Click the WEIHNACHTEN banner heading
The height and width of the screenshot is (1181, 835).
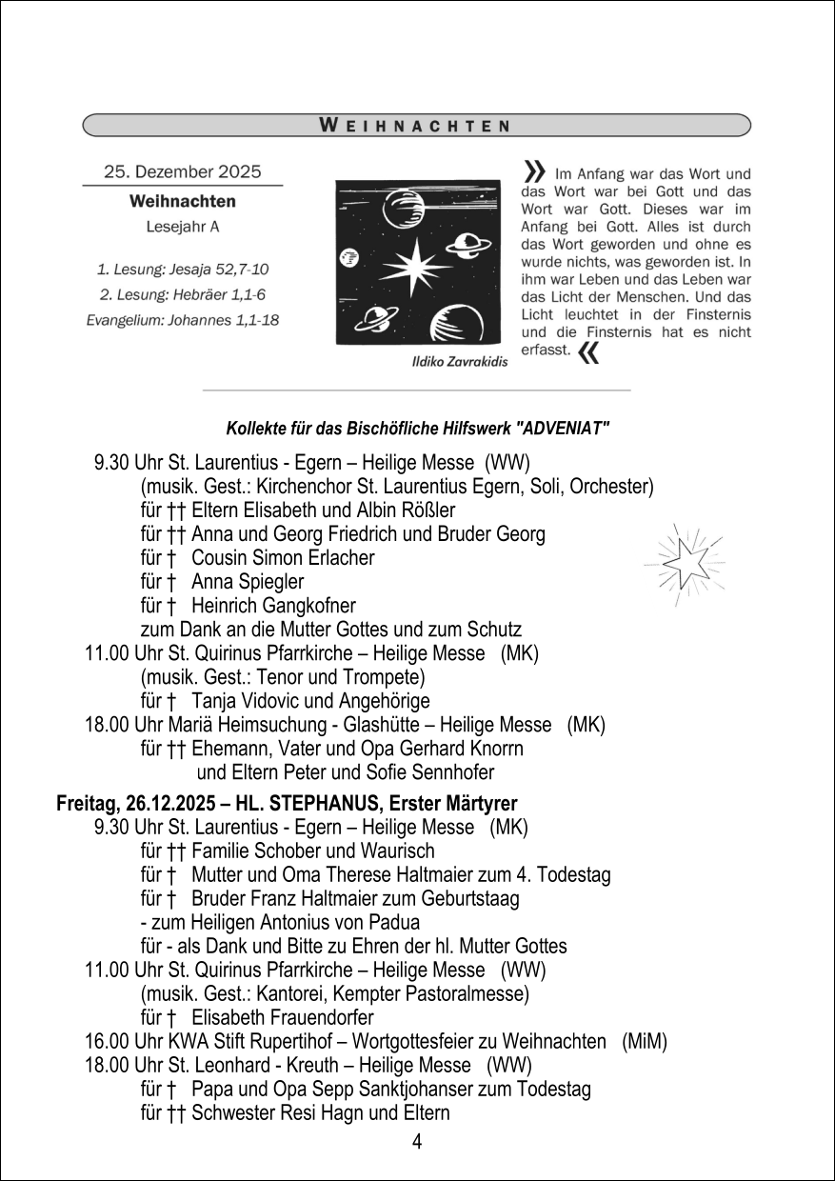click(413, 125)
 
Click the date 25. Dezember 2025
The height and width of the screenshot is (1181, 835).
click(182, 172)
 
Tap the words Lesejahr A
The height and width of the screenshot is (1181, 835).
click(182, 227)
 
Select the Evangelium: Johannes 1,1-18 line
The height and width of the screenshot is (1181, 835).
click(182, 320)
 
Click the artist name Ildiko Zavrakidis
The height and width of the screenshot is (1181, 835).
click(459, 362)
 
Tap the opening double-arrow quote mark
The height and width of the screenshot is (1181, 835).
click(534, 171)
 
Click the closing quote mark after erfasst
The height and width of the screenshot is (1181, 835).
click(589, 354)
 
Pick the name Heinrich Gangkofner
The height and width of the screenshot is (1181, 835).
click(273, 605)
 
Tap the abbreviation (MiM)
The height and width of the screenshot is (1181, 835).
click(644, 1041)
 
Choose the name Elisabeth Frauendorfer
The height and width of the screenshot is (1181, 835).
click(283, 1018)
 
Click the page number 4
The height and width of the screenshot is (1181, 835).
click(417, 1142)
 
